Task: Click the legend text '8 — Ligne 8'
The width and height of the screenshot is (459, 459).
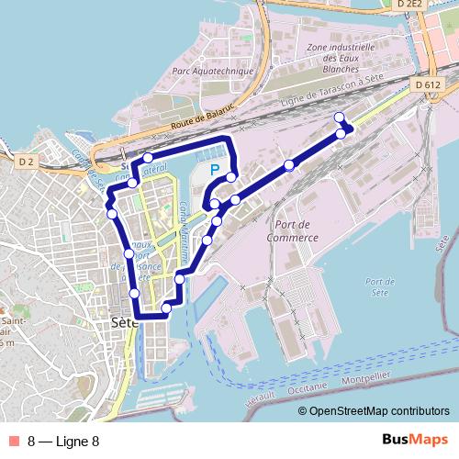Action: (63, 441)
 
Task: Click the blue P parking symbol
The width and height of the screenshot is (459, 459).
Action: (214, 170)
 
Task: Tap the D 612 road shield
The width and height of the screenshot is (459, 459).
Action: (427, 84)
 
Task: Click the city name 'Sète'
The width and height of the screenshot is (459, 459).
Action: (122, 323)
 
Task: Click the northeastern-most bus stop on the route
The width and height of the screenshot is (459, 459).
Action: (339, 117)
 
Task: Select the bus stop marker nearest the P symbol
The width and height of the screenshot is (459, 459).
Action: (231, 176)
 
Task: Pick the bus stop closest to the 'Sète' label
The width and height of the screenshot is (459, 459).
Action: (135, 293)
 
